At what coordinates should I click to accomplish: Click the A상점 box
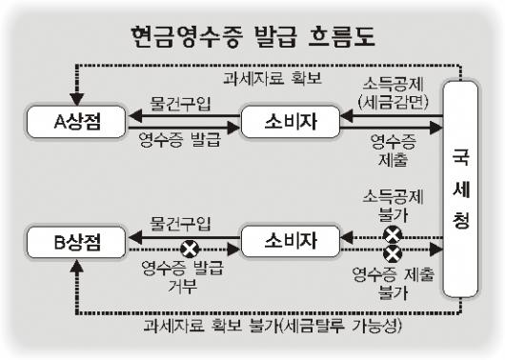pos(76,122)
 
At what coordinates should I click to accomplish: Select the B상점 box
pos(76,242)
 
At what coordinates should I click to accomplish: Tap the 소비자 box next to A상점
pos(291,122)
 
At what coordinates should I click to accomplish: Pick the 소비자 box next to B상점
pos(291,242)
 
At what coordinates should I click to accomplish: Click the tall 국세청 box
pos(460,189)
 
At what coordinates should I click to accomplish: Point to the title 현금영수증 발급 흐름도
pos(252,37)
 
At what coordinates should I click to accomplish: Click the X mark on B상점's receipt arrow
pos(190,250)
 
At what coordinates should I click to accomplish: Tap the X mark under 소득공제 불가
pos(393,234)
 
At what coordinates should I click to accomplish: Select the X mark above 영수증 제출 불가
pos(393,253)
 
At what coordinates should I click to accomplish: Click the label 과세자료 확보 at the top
pos(273,78)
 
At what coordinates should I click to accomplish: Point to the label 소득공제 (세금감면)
pos(393,93)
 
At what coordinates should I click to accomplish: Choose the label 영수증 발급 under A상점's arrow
pos(180,139)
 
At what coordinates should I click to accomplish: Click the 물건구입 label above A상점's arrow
pos(180,103)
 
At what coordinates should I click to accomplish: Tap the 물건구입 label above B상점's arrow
pos(180,224)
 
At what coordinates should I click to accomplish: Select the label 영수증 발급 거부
pos(182,276)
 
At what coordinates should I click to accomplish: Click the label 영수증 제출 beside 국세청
pos(394,150)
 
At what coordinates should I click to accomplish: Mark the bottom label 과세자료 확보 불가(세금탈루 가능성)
pos(273,326)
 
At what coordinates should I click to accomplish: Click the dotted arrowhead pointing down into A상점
pos(76,99)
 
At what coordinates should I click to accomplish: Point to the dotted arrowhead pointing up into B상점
pos(76,266)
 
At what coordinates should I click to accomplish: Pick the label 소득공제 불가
pos(393,206)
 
